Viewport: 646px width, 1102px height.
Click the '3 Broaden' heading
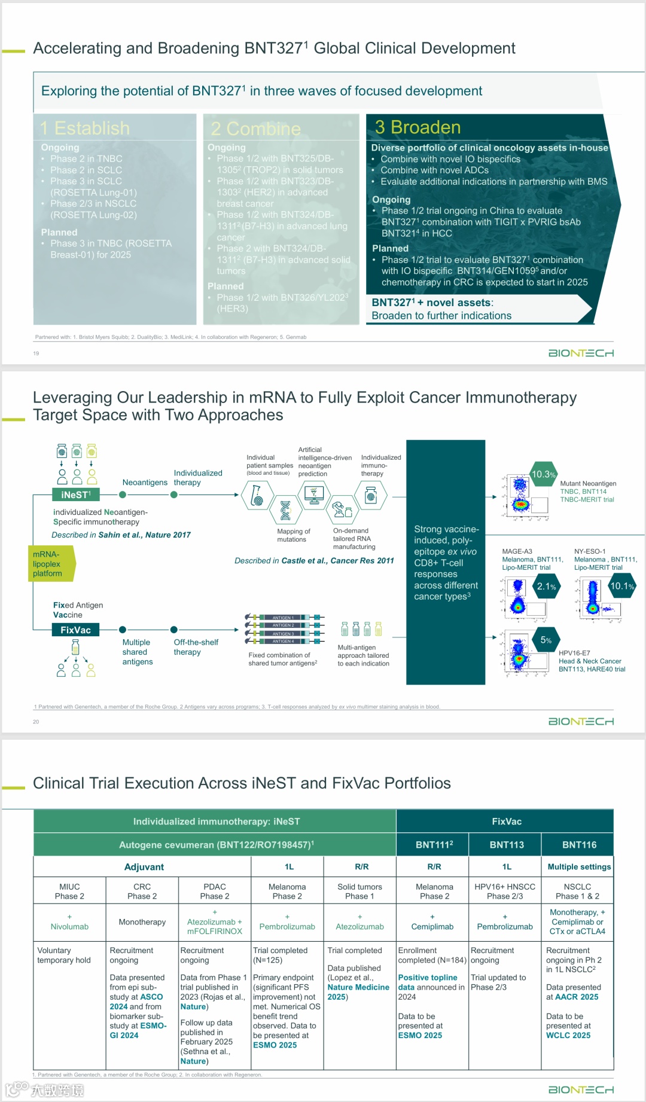[418, 127]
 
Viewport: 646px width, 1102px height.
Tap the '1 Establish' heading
[85, 128]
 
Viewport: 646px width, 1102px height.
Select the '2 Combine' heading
[256, 129]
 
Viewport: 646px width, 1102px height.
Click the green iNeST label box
[75, 494]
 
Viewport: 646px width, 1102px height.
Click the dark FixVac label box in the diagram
[75, 630]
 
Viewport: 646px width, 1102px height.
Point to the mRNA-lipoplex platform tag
[50, 564]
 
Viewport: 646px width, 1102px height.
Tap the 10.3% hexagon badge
[543, 474]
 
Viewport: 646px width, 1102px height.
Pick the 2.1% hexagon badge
[546, 587]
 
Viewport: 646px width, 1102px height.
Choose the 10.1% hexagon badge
[621, 586]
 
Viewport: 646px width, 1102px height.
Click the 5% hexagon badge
[546, 640]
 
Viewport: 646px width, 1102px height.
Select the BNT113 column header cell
[506, 845]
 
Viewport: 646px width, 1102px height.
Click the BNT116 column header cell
[579, 845]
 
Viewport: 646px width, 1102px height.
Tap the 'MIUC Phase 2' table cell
[69, 892]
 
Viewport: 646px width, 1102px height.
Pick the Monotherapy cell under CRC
[142, 922]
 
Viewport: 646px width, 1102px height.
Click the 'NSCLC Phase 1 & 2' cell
[577, 892]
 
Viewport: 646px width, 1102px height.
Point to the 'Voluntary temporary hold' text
[64, 955]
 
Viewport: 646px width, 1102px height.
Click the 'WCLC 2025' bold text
[568, 1035]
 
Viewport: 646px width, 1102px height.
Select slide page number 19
[36, 353]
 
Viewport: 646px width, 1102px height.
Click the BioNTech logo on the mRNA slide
[581, 722]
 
